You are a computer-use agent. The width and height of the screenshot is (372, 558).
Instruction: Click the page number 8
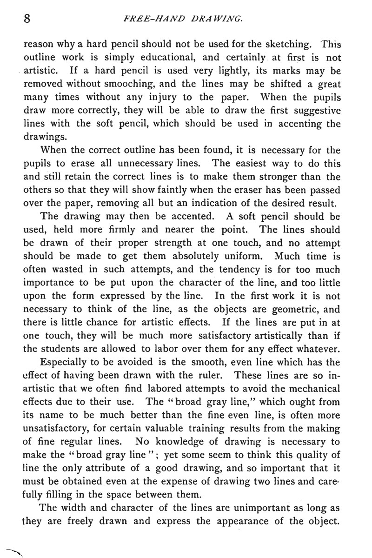27,19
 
